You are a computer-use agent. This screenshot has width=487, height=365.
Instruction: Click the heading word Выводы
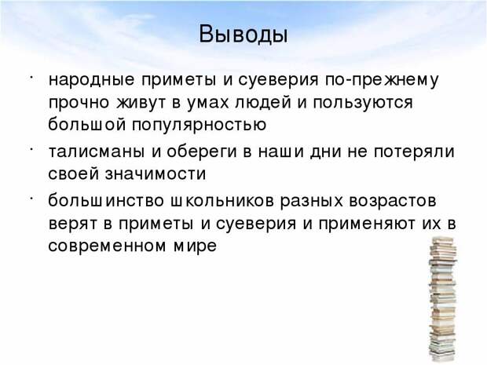coord(243,35)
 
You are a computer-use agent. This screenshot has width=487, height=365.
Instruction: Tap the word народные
coord(91,80)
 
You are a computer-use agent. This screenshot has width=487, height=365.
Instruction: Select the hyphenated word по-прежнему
coord(382,80)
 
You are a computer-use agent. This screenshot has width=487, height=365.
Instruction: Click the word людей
coord(263,103)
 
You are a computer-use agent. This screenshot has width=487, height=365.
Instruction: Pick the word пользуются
coord(363,103)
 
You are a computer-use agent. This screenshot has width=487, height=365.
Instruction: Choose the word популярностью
coord(200,125)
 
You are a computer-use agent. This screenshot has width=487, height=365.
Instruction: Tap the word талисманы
coord(97,151)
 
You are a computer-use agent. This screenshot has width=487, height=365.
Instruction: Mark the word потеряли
coord(414,151)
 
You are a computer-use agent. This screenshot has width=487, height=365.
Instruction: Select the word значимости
coord(156,173)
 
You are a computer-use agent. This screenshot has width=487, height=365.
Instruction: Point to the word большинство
coord(106,201)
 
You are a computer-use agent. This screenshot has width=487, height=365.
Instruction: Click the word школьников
coord(222,201)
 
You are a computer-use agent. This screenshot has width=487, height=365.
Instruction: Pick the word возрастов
coord(393,201)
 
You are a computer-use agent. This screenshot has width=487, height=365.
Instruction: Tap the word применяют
coord(366,224)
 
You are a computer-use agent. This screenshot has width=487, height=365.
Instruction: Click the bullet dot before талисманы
coord(31,149)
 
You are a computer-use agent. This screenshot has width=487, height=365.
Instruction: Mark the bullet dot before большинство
coord(31,199)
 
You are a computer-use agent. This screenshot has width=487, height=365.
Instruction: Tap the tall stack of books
coord(443,298)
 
